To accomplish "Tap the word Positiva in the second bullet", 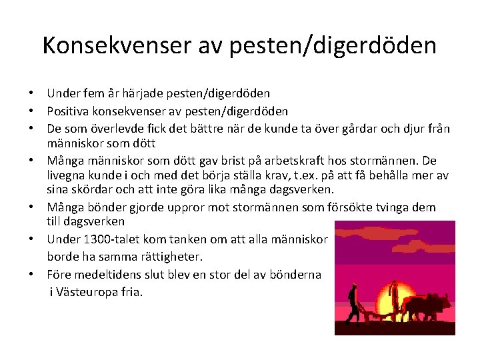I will (x=67, y=111).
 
